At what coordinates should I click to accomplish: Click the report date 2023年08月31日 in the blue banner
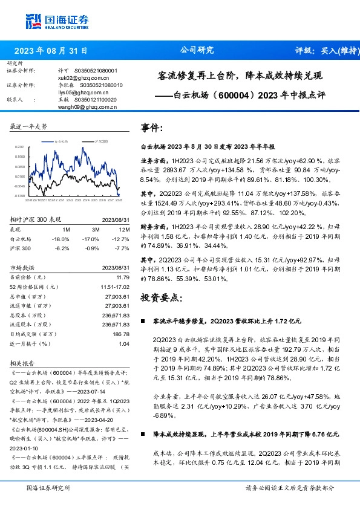(x=51, y=51)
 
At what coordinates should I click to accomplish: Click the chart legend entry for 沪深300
(x=101, y=140)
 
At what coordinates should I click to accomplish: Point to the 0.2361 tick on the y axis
(x=19, y=147)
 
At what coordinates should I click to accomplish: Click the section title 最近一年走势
(x=28, y=126)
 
